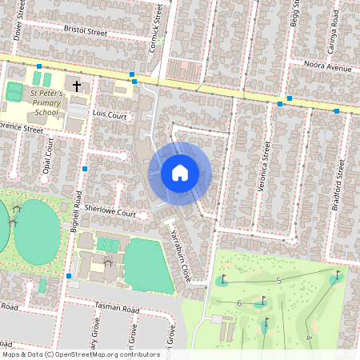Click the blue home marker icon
tap(180, 173)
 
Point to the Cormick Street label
tap(158, 27)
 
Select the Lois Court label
tap(110, 116)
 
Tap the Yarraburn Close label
tap(179, 253)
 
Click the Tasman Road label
tap(117, 310)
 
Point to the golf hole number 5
tap(278, 280)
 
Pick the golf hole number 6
tap(239, 302)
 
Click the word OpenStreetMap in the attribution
tap(100, 354)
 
